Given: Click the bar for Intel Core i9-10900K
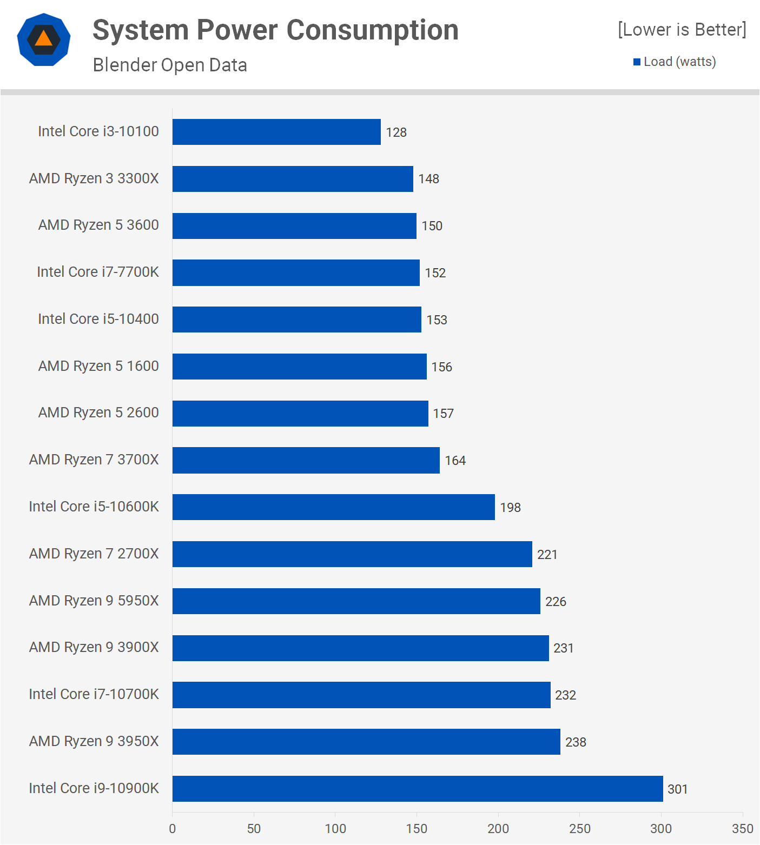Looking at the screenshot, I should point(418,788).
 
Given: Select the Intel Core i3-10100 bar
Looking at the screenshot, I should point(276,132).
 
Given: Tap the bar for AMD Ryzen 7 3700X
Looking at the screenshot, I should point(306,460).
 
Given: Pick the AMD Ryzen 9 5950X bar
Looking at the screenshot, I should point(356,601).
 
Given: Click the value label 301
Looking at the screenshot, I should point(677,789).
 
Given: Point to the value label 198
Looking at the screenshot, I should point(510,508).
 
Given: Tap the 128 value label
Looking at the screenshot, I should point(396,132).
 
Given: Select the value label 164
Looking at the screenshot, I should point(455,461).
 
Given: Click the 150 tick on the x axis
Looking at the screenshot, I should point(417,829).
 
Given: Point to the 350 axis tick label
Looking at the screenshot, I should point(742,829).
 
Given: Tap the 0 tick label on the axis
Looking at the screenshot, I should point(173,829).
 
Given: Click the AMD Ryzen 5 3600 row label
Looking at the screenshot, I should point(98,225).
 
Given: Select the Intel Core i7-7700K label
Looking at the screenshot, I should point(98,272).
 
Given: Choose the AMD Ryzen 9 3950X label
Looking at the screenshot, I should point(94,741).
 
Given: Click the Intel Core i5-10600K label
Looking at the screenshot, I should point(94,507).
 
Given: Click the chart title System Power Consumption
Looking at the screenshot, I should point(275,30).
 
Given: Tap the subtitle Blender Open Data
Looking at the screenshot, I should point(170,65).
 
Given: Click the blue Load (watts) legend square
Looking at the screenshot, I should point(637,62).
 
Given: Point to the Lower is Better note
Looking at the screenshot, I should point(682,30).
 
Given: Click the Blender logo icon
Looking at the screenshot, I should point(44,39).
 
